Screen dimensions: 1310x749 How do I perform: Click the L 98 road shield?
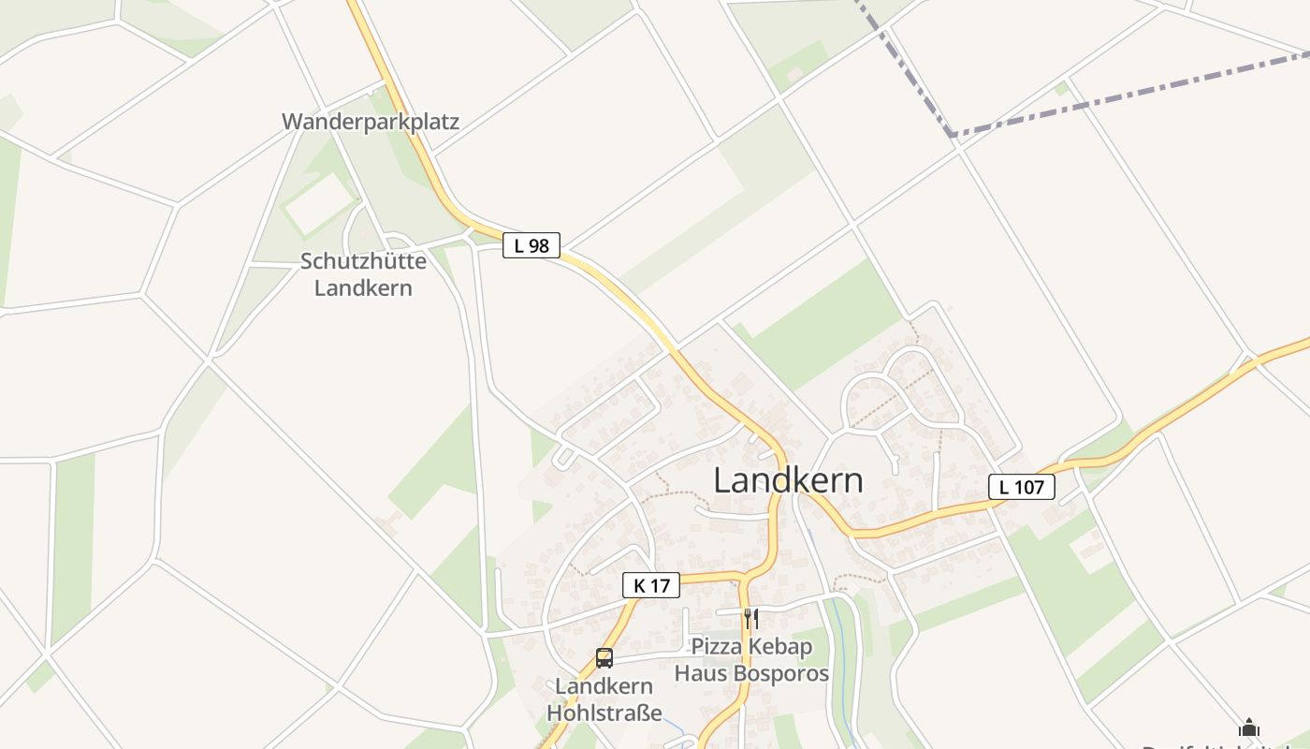coord(531,245)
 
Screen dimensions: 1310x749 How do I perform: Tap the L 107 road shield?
coord(1022,487)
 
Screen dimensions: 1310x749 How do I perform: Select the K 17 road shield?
coord(651,585)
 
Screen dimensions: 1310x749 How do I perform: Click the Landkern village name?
coord(788,480)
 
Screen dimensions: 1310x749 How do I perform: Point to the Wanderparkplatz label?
coord(371,122)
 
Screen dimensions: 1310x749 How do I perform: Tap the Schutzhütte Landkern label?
coord(363,274)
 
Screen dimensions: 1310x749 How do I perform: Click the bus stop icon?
coord(604,658)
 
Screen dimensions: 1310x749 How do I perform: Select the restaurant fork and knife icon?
coord(750,619)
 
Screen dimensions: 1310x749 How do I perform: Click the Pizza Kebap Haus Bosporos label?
coord(752,660)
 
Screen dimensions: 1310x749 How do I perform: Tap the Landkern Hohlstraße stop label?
coord(604,699)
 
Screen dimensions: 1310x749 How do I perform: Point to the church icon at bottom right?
coord(1249,728)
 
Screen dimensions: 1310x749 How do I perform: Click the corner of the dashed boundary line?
coord(953,137)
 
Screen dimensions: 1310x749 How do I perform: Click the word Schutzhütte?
coord(363,261)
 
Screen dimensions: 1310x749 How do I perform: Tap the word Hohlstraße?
coord(604,712)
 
